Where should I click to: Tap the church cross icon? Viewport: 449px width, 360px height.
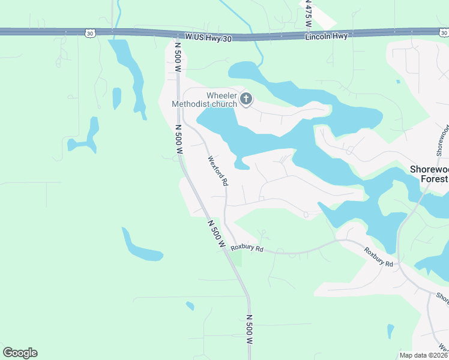point(246,98)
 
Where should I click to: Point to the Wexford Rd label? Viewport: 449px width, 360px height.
point(218,170)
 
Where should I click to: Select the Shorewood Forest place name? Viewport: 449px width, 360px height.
point(429,174)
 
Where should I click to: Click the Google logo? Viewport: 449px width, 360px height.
point(20,352)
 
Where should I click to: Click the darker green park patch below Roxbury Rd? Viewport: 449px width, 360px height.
point(237,258)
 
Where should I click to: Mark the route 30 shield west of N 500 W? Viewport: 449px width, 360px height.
point(89,34)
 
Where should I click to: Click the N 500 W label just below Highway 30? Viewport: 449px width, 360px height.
point(178,56)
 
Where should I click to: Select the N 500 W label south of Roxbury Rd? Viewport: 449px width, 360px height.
point(249,328)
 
